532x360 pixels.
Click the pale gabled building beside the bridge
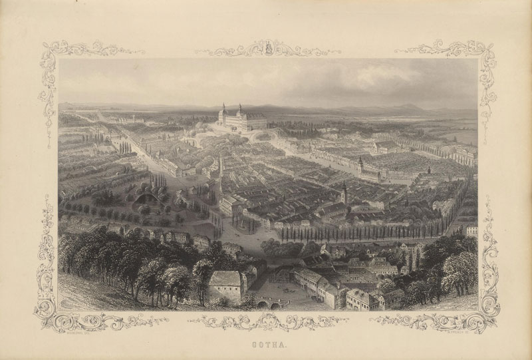225,286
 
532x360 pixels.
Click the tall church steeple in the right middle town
343,193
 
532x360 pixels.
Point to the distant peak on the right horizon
411,106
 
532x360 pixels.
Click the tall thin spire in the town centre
220,166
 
